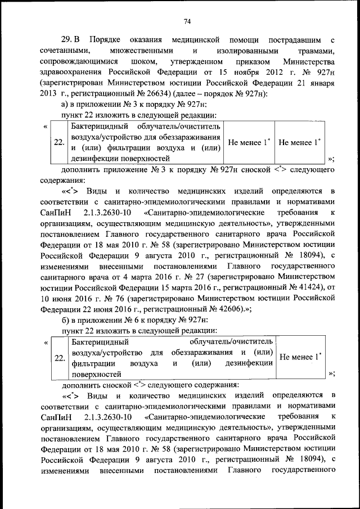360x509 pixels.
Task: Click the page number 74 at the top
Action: coord(187,21)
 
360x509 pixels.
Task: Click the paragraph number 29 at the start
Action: coord(66,40)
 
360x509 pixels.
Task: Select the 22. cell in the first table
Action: coord(59,142)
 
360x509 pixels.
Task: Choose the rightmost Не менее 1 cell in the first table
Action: coord(299,142)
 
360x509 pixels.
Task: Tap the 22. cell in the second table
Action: coord(59,358)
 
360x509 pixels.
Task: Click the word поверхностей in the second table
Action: coord(97,373)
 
